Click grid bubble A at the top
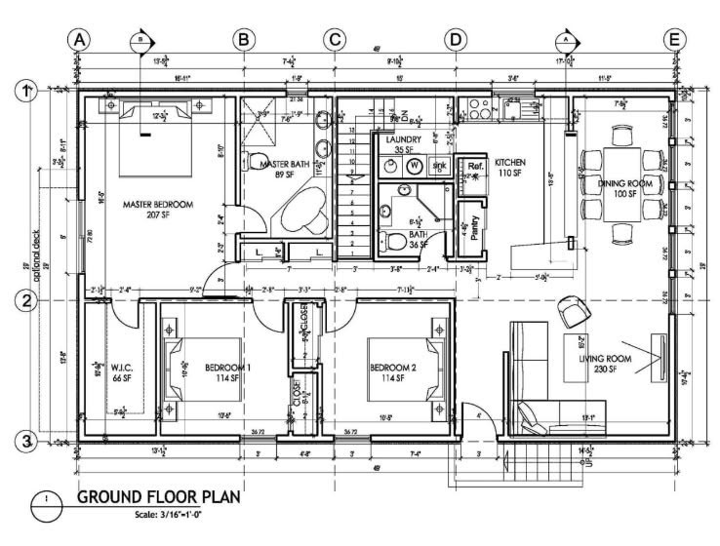(x=79, y=40)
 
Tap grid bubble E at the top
(x=674, y=40)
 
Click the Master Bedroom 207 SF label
(x=157, y=210)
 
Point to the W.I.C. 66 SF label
(x=122, y=372)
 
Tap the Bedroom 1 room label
(x=227, y=372)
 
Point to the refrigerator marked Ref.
(x=475, y=167)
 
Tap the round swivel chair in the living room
(x=574, y=311)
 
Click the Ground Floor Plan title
(x=161, y=498)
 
